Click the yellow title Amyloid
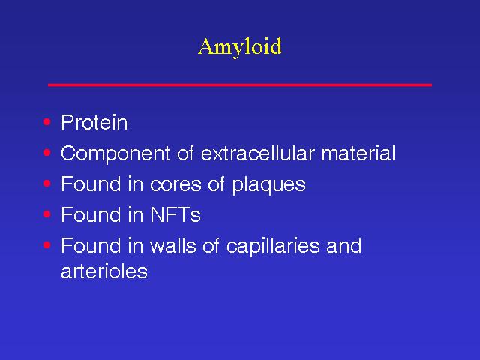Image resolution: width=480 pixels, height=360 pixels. click(240, 46)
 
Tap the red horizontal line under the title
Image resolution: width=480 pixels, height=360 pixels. click(240, 85)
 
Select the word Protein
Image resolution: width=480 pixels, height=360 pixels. click(94, 122)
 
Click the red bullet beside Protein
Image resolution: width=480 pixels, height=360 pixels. click(46, 121)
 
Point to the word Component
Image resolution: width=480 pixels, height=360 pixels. click(115, 154)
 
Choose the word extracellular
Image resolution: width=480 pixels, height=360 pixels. click(257, 153)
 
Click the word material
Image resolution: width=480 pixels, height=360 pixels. click(358, 153)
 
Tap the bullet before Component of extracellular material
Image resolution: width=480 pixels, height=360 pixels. click(46, 152)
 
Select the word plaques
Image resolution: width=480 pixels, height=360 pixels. click(268, 185)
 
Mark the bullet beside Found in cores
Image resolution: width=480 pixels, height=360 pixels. click(46, 183)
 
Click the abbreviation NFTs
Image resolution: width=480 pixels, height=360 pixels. click(175, 214)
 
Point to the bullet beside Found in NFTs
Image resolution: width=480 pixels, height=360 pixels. click(46, 214)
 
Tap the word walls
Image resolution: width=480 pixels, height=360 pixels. click(172, 245)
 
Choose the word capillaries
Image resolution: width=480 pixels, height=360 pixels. click(273, 247)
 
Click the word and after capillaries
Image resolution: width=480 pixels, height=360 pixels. click(343, 245)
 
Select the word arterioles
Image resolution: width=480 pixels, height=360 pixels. click(104, 271)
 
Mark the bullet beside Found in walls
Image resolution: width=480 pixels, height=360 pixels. click(46, 244)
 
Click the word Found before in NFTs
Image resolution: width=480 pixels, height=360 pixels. click(91, 214)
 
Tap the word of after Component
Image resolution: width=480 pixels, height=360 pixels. click(185, 153)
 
